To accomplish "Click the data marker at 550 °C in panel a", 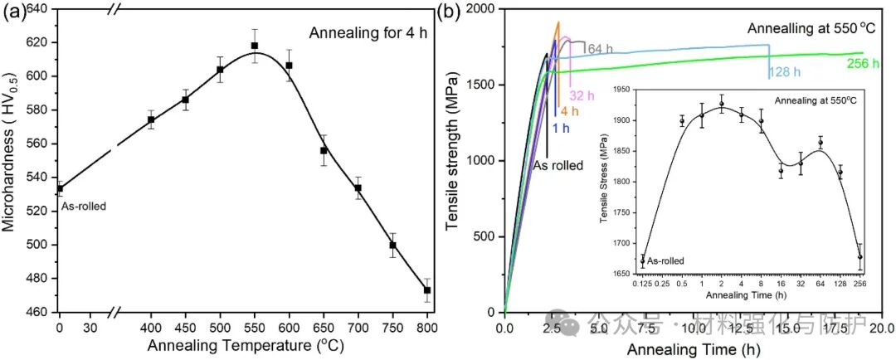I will pyautogui.click(x=255, y=46).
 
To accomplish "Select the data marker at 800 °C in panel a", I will pyautogui.click(x=427, y=290).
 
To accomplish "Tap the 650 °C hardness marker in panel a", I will pyautogui.click(x=324, y=151).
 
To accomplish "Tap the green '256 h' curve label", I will pyautogui.click(x=864, y=63).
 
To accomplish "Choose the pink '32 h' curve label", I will pyautogui.click(x=580, y=95).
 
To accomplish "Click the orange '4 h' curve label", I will pyautogui.click(x=569, y=111).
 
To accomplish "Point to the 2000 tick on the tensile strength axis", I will pyautogui.click(x=484, y=9).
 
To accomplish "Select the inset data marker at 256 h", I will pyautogui.click(x=859, y=256).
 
